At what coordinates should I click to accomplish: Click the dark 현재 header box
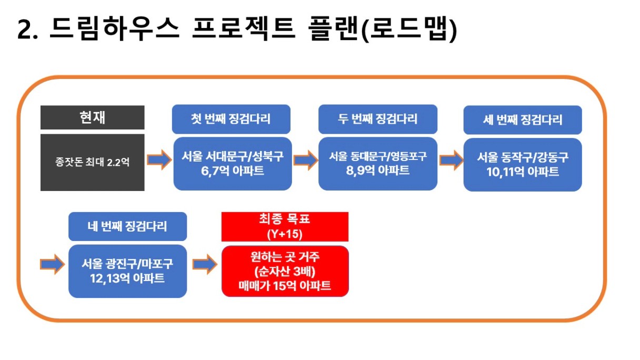pyautogui.click(x=92, y=117)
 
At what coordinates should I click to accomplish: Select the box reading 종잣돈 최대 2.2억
pyautogui.click(x=92, y=162)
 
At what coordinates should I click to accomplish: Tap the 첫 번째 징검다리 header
pyautogui.click(x=231, y=119)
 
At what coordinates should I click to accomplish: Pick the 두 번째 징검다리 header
pyautogui.click(x=378, y=119)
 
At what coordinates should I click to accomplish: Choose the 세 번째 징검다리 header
pyautogui.click(x=523, y=119)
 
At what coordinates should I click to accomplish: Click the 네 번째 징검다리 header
pyautogui.click(x=128, y=226)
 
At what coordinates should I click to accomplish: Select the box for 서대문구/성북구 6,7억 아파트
pyautogui.click(x=233, y=164)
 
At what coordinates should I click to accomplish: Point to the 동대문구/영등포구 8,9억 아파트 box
pyautogui.click(x=378, y=164)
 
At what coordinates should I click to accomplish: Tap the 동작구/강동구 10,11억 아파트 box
pyautogui.click(x=523, y=165)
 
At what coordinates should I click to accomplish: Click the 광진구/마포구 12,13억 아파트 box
pyautogui.click(x=128, y=271)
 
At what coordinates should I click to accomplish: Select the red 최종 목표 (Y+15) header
pyautogui.click(x=285, y=226)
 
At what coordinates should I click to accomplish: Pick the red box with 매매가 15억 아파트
pyautogui.click(x=285, y=271)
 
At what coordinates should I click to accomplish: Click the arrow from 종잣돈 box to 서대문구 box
pyautogui.click(x=159, y=159)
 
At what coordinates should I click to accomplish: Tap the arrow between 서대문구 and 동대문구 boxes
pyautogui.click(x=305, y=160)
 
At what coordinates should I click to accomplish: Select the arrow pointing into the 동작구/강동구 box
pyautogui.click(x=451, y=160)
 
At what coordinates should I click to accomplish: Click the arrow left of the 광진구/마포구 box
pyautogui.click(x=52, y=264)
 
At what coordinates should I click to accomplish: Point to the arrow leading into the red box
pyautogui.click(x=205, y=264)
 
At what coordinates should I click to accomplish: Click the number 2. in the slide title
pyautogui.click(x=27, y=29)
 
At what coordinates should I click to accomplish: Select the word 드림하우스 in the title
pyautogui.click(x=114, y=28)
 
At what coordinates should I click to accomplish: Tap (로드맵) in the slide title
pyautogui.click(x=409, y=29)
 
